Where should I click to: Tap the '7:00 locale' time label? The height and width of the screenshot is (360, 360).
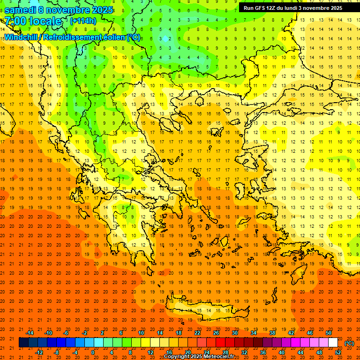pyautogui.click(x=33, y=21)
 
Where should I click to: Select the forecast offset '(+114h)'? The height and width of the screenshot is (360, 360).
pyautogui.click(x=83, y=21)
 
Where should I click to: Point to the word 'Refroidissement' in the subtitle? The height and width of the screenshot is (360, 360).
pyautogui.click(x=71, y=37)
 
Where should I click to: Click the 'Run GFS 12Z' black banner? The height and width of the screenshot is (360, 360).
pyautogui.click(x=292, y=8)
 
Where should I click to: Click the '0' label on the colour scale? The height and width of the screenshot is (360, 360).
pyautogui.click(x=93, y=352)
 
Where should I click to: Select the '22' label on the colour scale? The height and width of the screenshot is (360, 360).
pyautogui.click(x=197, y=333)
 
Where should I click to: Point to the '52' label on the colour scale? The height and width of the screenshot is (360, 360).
pyautogui.click(x=338, y=352)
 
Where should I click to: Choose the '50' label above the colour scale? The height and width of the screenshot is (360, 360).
pyautogui.click(x=329, y=333)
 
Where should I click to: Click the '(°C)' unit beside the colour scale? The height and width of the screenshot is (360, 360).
pyautogui.click(x=349, y=343)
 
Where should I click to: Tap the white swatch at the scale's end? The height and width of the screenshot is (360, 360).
pyautogui.click(x=333, y=343)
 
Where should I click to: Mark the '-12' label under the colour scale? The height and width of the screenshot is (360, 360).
pyautogui.click(x=39, y=352)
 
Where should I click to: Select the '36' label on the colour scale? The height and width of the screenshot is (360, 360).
pyautogui.click(x=263, y=352)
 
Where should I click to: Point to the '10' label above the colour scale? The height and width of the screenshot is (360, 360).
pyautogui.click(x=141, y=333)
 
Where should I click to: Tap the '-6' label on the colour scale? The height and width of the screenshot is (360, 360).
pyautogui.click(x=67, y=333)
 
